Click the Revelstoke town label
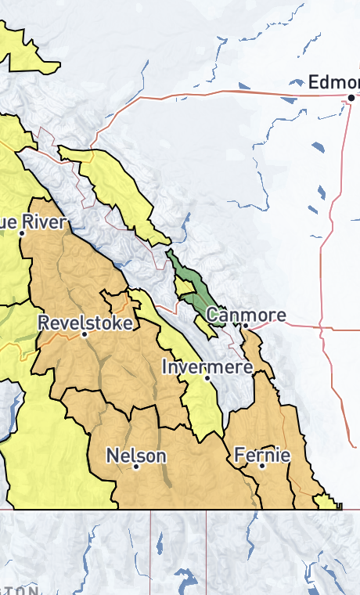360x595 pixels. [x=85, y=322]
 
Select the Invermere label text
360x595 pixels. [x=207, y=366]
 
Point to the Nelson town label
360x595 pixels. [x=135, y=456]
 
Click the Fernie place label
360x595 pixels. [x=262, y=455]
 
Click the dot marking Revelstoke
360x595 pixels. [x=85, y=334]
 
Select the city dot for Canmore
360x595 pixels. [x=245, y=325]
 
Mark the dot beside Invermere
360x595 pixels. [x=207, y=377]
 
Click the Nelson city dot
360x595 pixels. [x=135, y=467]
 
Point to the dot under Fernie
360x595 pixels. [x=262, y=466]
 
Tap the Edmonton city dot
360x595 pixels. [x=351, y=97]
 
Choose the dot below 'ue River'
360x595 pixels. [x=22, y=233]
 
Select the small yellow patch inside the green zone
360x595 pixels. [x=186, y=287]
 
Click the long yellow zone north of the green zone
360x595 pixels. [x=117, y=188]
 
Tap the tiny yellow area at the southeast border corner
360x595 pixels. [x=327, y=502]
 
